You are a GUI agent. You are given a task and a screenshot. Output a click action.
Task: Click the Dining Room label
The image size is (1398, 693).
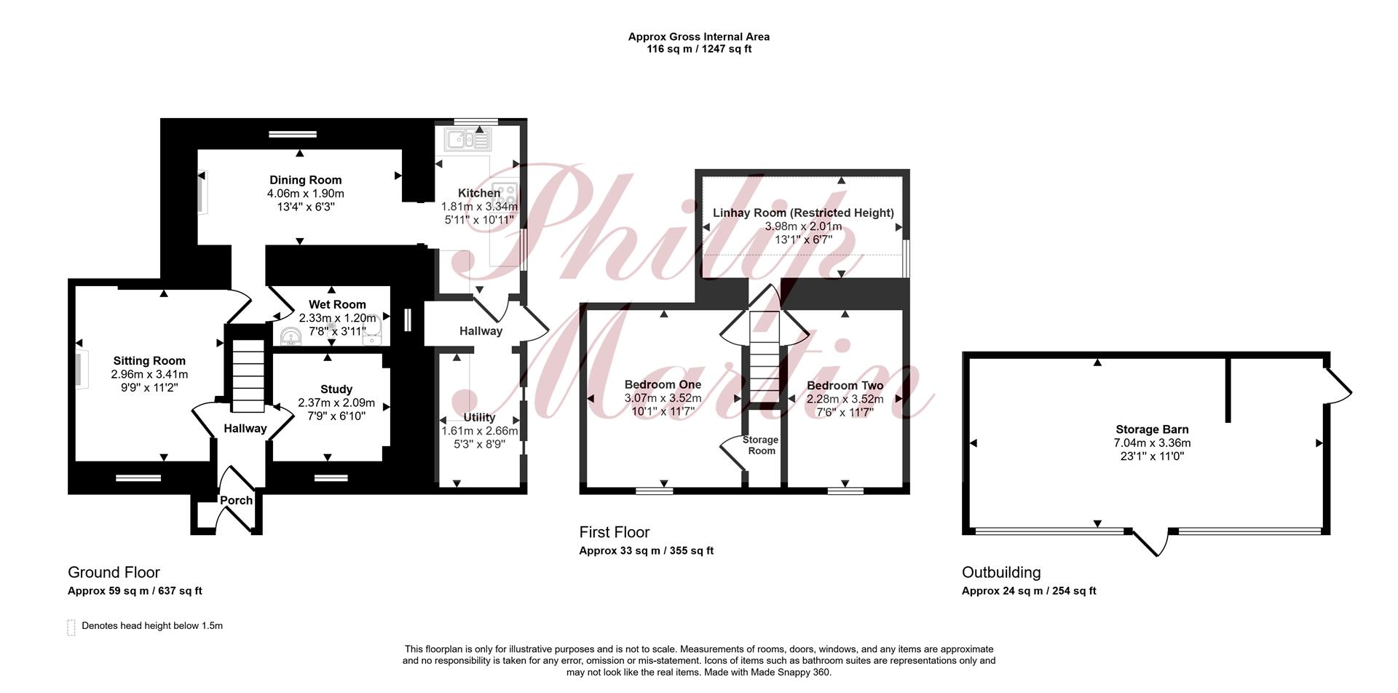(305, 180)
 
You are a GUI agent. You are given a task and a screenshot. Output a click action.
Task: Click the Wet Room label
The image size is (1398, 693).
(337, 304)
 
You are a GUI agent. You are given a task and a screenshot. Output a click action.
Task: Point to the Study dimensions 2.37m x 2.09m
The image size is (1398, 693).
(336, 403)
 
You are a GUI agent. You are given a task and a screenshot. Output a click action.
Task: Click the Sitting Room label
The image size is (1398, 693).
(149, 360)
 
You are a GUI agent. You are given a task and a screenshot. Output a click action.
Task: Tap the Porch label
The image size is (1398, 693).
(236, 500)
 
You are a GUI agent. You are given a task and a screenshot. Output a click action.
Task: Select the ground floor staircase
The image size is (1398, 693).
(248, 376)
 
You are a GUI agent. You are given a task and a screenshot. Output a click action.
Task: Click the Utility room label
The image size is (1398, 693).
(479, 417)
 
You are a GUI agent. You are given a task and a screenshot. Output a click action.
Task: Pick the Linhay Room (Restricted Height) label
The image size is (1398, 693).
(803, 213)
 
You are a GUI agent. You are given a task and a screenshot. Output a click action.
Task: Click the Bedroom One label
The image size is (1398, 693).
(663, 384)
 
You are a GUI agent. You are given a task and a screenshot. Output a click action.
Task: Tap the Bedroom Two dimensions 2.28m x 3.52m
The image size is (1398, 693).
(845, 399)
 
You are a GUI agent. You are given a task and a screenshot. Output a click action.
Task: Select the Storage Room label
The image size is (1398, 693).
(762, 445)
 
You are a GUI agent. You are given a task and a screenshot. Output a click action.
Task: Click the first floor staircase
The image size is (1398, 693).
(765, 357)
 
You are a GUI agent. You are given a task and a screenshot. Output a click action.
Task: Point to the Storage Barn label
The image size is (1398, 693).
(1152, 429)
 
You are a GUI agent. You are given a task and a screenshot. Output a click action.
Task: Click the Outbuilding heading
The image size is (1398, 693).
(1001, 572)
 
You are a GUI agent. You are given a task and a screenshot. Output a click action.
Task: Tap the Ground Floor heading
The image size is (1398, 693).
(114, 572)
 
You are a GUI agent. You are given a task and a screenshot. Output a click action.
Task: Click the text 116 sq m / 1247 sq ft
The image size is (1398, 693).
(699, 49)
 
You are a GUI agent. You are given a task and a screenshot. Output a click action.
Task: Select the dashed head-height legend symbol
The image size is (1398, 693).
(71, 627)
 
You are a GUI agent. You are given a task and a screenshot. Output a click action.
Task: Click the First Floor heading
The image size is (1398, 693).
(615, 532)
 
